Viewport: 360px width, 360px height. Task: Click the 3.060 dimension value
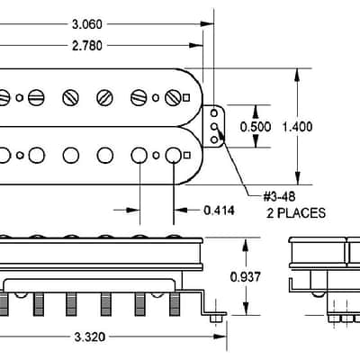pyautogui.click(x=87, y=24)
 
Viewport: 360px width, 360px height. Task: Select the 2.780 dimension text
pyautogui.click(x=87, y=46)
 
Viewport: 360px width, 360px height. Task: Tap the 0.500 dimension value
pyautogui.click(x=256, y=127)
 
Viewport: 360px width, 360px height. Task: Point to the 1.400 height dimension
pyautogui.click(x=297, y=127)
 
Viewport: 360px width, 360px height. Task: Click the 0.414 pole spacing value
pyautogui.click(x=219, y=211)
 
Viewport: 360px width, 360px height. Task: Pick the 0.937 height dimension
pyautogui.click(x=246, y=277)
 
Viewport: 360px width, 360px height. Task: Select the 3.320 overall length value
pyautogui.click(x=90, y=337)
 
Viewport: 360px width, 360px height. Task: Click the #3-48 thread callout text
pyautogui.click(x=279, y=197)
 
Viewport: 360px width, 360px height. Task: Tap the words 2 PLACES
pyautogui.click(x=296, y=213)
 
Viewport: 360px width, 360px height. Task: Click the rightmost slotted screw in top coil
pyautogui.click(x=173, y=98)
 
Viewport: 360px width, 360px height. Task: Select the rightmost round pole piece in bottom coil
pyautogui.click(x=174, y=156)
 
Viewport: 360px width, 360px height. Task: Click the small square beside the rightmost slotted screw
pyautogui.click(x=186, y=98)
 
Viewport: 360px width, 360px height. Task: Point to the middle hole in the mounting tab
pyautogui.click(x=214, y=127)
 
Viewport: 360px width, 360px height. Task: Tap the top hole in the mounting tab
pyautogui.click(x=214, y=113)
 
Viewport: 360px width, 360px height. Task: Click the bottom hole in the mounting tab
pyautogui.click(x=214, y=139)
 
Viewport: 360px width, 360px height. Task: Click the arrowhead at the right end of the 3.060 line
pyautogui.click(x=207, y=24)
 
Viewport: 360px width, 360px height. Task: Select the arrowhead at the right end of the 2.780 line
pyautogui.click(x=196, y=46)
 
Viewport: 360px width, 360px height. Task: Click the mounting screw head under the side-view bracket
pyautogui.click(x=218, y=319)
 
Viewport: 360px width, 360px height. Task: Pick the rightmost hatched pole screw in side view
pyautogui.click(x=175, y=304)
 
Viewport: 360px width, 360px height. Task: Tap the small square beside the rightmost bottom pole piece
pyautogui.click(x=186, y=155)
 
